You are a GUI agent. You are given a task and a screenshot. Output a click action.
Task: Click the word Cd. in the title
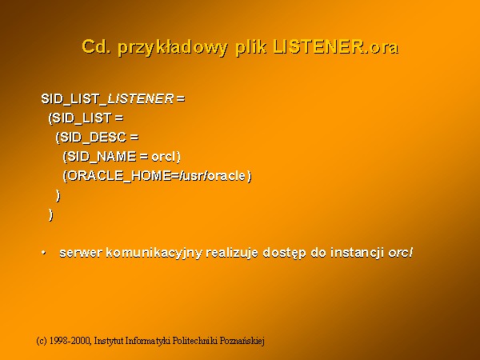96,46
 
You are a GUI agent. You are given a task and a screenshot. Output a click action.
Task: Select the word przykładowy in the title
173,48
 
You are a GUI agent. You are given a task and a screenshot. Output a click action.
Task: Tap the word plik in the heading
250,48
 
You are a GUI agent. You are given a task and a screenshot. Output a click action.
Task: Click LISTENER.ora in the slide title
336,46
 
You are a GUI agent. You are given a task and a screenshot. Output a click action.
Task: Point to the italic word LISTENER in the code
141,98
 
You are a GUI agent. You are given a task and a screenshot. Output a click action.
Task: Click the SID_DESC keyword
94,137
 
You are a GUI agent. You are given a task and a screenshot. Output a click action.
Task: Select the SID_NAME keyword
102,157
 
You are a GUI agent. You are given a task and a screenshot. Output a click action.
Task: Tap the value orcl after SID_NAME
163,157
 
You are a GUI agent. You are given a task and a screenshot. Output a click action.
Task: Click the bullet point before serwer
43,253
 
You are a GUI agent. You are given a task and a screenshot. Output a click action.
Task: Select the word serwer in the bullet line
81,253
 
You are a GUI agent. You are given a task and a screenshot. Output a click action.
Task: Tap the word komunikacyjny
154,254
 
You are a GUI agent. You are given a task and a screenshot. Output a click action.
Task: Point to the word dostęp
284,254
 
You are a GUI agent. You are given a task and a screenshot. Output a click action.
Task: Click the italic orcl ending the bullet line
401,253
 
